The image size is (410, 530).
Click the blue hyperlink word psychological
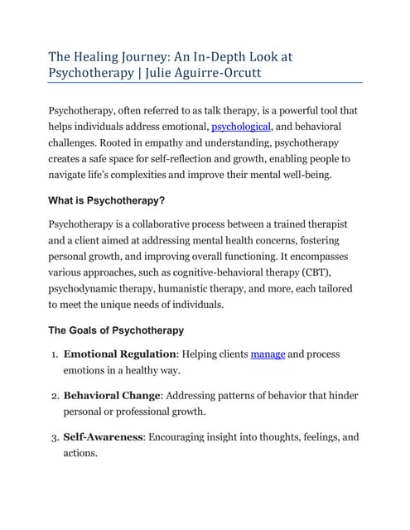coord(240,127)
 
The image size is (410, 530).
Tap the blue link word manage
coord(268,354)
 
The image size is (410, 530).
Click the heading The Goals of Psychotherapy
coord(116,330)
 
